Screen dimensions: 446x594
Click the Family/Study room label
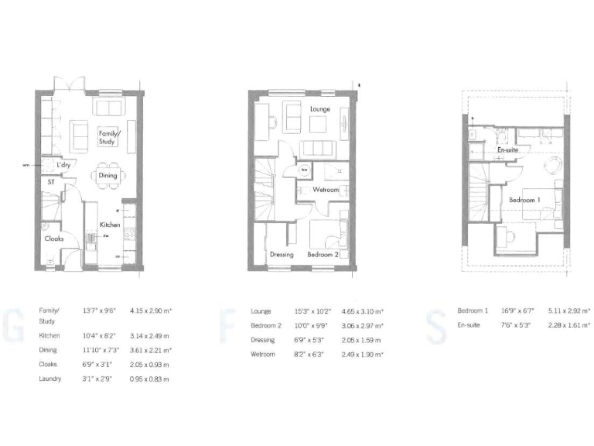[x=108, y=137]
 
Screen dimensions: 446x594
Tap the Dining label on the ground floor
[x=108, y=175]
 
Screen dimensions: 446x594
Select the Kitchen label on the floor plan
[x=109, y=225]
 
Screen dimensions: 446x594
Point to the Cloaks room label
[x=53, y=238]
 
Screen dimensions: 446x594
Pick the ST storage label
[x=51, y=182]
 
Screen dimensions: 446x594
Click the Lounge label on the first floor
[x=320, y=109]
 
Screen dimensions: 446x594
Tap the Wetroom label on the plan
[x=326, y=189]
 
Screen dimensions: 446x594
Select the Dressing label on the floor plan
[x=281, y=255]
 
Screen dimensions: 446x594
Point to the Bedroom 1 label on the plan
[x=525, y=200]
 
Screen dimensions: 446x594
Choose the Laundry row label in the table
[x=50, y=379]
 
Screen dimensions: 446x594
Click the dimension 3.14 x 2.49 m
[x=150, y=336]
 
